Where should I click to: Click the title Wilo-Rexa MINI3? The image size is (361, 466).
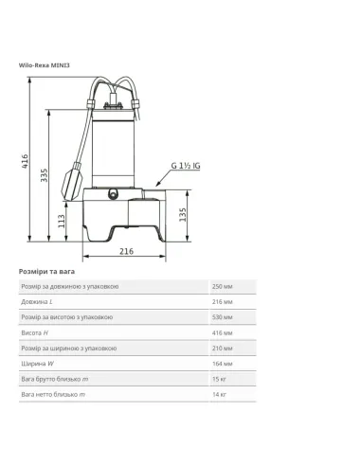(45, 64)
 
